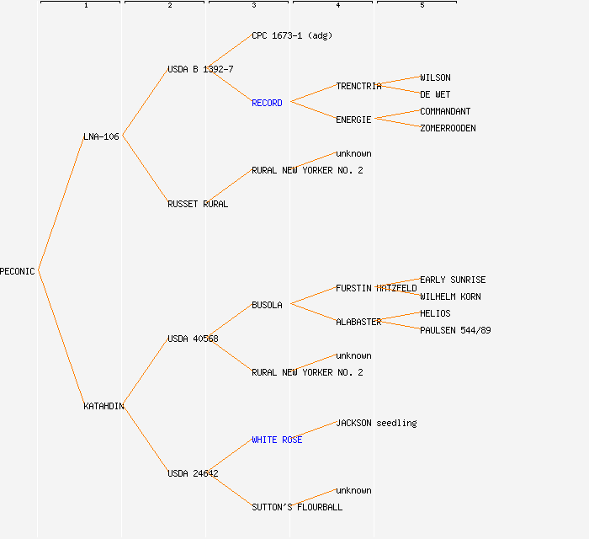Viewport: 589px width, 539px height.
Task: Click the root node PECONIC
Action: pos(18,271)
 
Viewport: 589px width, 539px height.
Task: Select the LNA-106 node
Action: pos(101,136)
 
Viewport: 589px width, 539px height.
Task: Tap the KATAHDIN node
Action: pos(103,406)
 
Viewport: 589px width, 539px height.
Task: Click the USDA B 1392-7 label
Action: pos(200,69)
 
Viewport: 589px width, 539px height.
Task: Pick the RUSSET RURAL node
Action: pos(198,204)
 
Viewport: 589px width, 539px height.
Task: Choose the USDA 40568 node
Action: pos(193,339)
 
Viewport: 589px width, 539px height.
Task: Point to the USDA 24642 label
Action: pos(193,473)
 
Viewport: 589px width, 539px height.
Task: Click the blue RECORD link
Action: pos(267,103)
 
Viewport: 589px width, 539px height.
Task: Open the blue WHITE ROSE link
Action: pos(277,440)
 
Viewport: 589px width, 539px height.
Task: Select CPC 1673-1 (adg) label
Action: pos(292,35)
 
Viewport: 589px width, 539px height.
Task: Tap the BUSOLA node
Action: pos(267,305)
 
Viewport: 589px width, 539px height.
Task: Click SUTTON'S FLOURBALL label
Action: pos(297,507)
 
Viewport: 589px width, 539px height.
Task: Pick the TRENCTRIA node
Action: pos(358,86)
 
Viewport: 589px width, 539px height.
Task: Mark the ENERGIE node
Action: pos(353,120)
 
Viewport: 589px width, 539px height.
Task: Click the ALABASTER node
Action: pos(358,322)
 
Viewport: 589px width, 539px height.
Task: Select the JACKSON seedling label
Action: pos(376,423)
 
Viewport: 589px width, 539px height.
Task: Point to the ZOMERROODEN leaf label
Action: pos(448,128)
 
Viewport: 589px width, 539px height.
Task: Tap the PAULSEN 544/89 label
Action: pos(455,330)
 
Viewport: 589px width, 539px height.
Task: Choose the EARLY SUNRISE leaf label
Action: pos(453,280)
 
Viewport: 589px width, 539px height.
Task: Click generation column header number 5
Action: pos(422,5)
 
